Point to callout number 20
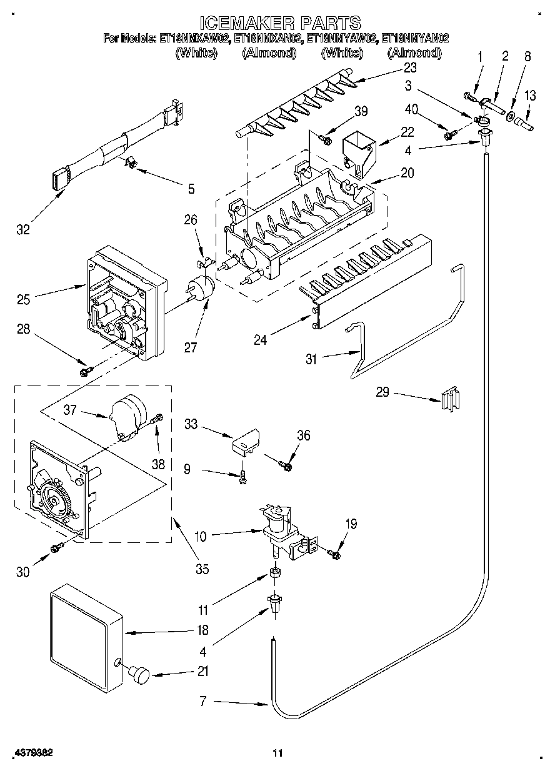tap(407, 174)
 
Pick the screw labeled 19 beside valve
tap(334, 553)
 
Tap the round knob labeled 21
tap(139, 675)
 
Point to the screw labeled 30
tap(56, 548)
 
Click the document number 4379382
tap(31, 753)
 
